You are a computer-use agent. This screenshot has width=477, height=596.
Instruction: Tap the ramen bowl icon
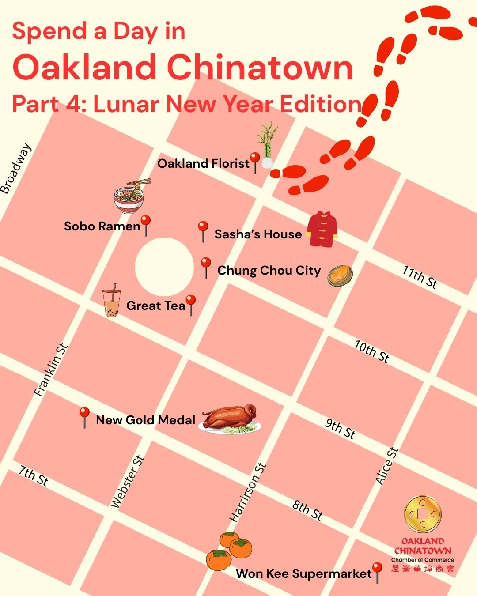[x=129, y=198]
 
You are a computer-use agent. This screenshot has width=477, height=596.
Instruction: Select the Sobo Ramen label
[x=102, y=226]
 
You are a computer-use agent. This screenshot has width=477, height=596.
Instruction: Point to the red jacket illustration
[x=323, y=229]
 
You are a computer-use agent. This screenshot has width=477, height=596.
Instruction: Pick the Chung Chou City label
[x=269, y=271]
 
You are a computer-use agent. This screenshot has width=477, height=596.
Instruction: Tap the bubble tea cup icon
[x=111, y=301]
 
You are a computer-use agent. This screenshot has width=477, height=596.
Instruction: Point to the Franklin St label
[x=51, y=370]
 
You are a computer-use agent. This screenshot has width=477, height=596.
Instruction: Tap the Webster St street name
[x=127, y=482]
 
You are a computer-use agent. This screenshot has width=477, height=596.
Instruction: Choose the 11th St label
[x=420, y=277]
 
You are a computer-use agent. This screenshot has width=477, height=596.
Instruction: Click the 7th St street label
[x=34, y=475]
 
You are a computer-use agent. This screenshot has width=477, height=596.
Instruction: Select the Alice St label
[x=387, y=466]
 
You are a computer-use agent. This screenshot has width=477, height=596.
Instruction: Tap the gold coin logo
[x=423, y=514]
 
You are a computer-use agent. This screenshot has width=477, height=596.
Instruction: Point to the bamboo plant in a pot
[x=267, y=146]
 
